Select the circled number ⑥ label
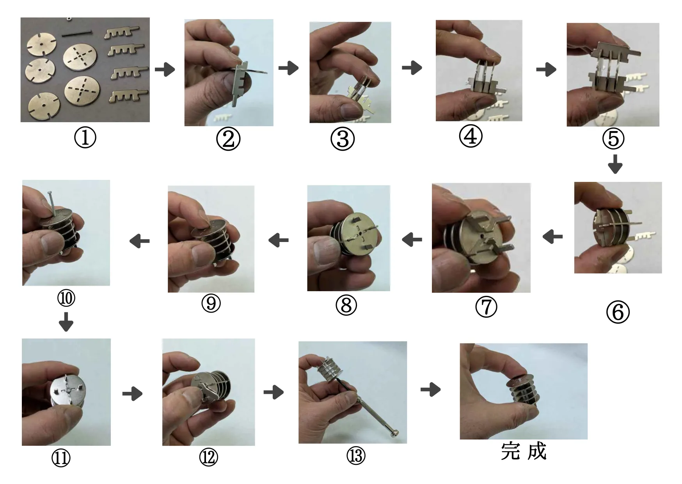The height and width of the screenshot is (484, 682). [x=618, y=312]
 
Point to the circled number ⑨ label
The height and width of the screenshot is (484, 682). [x=211, y=303]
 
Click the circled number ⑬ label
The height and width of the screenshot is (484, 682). [x=356, y=456]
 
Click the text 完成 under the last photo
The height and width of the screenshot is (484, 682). [x=524, y=452]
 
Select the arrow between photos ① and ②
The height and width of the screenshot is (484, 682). [x=165, y=69]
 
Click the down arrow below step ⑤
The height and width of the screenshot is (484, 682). [x=615, y=164]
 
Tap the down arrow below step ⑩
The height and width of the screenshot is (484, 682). [x=66, y=322]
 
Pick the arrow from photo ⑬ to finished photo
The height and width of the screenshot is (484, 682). [x=431, y=390]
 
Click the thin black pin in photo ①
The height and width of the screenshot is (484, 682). [x=76, y=34]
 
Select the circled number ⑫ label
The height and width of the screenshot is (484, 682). [x=209, y=457]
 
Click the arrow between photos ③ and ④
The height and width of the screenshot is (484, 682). [x=412, y=68]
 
